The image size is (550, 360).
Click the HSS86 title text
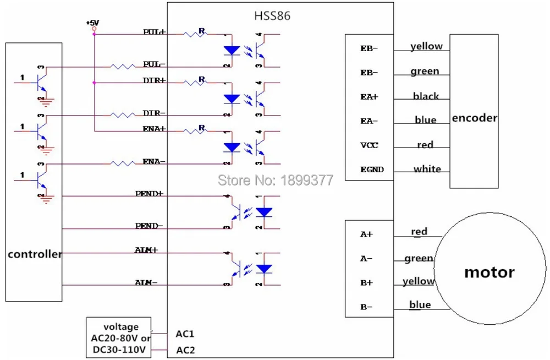pos(272,16)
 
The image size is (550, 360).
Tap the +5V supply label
pos(92,23)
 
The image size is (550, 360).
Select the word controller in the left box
pos(34,254)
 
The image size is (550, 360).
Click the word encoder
pos(474,118)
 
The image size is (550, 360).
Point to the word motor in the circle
pos(489,272)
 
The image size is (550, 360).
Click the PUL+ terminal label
pos(154,32)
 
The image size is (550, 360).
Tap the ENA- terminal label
pos(154,162)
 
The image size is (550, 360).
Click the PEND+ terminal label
pos(149,194)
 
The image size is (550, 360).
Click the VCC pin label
pos(369,145)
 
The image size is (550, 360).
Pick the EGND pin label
pos(372,170)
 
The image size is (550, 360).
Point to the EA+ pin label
pos(369,97)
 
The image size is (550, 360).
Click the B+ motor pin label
pos(366,282)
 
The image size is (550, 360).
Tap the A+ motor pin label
pos(366,234)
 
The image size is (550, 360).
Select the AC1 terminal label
pos(185,334)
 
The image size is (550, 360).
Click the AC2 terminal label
pos(185,350)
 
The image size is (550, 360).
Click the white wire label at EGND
pos(427,169)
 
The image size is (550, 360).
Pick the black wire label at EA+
pos(426,96)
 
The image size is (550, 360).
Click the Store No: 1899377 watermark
pos(276,179)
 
